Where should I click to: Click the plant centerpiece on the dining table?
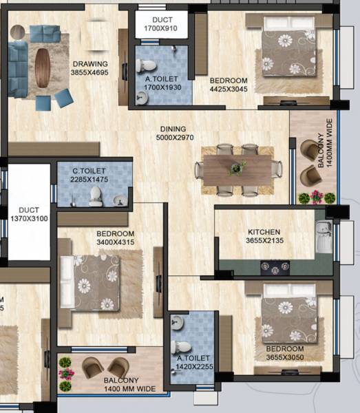coord(238,167)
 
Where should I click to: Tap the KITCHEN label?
coord(264,232)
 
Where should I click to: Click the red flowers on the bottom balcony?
coord(67,372)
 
